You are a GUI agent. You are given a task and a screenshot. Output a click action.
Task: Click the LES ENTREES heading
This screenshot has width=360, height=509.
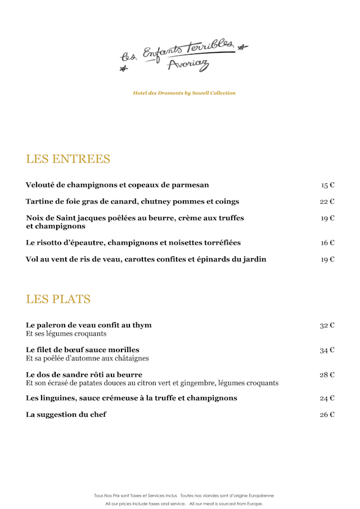[x=68, y=159]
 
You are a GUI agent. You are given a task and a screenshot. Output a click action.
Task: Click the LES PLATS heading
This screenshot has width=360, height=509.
[x=58, y=299]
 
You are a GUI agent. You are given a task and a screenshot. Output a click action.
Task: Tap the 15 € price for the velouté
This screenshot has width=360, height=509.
[x=328, y=185]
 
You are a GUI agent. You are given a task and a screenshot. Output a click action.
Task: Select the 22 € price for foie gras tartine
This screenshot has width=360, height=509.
[x=328, y=201]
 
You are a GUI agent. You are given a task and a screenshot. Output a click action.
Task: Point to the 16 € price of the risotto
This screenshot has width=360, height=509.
[x=328, y=243]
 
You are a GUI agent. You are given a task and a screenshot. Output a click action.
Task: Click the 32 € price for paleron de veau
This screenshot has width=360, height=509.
[x=327, y=326]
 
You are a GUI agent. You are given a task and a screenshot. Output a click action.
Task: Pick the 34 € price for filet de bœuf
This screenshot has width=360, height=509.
[x=327, y=350]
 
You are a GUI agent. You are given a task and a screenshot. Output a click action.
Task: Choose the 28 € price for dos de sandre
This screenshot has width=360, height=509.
[x=327, y=375]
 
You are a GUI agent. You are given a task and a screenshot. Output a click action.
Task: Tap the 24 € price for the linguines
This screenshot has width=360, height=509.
[x=327, y=399]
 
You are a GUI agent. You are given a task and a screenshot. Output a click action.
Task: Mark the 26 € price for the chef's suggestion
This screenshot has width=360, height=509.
[x=327, y=415]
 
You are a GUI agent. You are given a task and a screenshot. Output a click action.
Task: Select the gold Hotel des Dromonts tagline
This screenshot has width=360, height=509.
[x=184, y=93]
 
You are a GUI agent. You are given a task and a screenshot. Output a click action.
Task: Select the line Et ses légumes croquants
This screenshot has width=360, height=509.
[x=66, y=334]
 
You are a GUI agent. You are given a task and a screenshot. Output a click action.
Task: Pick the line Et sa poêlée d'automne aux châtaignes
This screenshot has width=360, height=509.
[x=87, y=358]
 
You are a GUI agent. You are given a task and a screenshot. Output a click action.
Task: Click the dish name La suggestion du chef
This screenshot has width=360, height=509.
[x=66, y=415]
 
